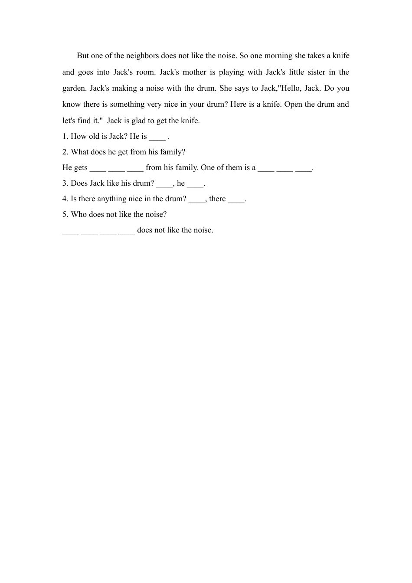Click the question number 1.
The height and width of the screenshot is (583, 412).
click(x=65, y=136)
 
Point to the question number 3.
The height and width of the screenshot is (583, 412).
click(x=65, y=183)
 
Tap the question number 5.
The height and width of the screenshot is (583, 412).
click(x=65, y=214)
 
